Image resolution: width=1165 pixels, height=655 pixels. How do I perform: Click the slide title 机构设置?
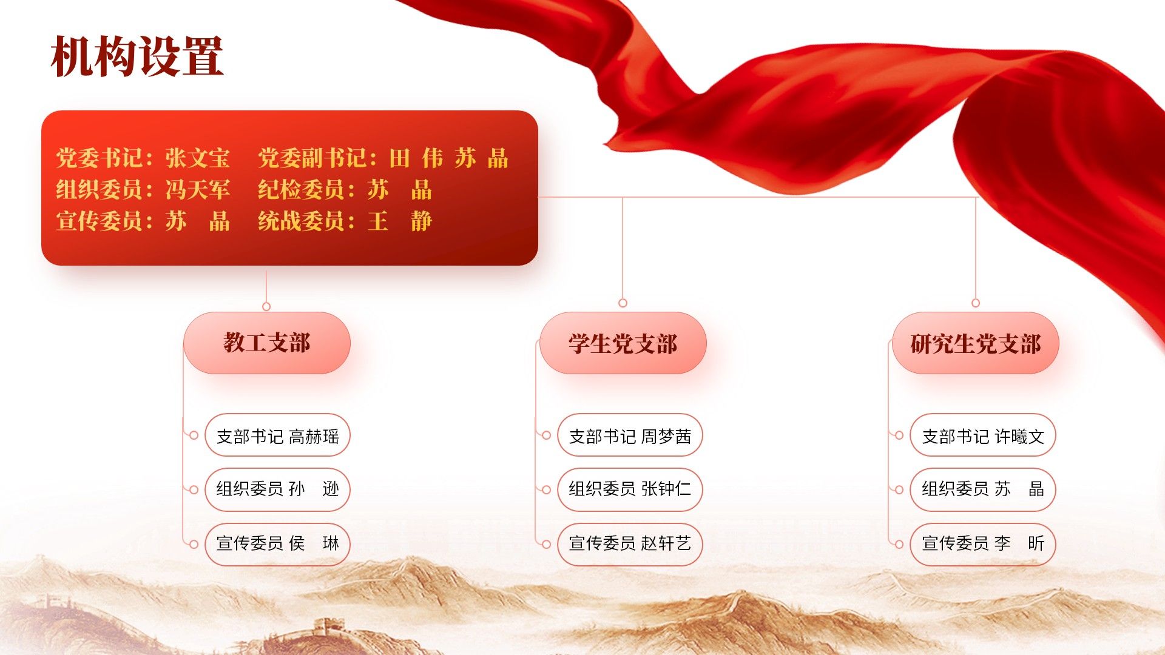[138, 57]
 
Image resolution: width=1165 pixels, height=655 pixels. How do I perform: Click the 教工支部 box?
[267, 343]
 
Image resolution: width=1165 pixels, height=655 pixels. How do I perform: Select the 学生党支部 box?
[623, 343]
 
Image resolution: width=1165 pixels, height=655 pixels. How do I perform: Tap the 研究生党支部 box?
[976, 343]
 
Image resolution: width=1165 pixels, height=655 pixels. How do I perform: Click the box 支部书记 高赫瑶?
[278, 435]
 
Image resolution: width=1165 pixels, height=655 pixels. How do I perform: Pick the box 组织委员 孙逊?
[278, 489]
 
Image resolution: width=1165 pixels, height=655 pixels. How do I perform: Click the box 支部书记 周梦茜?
[630, 435]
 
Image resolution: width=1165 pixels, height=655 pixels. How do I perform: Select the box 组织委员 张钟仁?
[630, 489]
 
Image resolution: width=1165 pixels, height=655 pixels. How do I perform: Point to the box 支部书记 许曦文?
[983, 435]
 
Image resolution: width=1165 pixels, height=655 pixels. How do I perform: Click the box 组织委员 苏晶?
[983, 489]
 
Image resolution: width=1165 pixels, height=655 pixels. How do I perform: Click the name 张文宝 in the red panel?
[198, 158]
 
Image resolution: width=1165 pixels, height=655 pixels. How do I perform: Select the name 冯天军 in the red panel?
[198, 190]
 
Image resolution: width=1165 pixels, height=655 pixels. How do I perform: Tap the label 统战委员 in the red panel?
[302, 221]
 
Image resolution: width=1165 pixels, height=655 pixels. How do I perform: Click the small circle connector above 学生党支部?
[623, 303]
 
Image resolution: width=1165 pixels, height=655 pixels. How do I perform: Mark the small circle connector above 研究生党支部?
[976, 303]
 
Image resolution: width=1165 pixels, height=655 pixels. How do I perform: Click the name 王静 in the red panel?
[400, 221]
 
